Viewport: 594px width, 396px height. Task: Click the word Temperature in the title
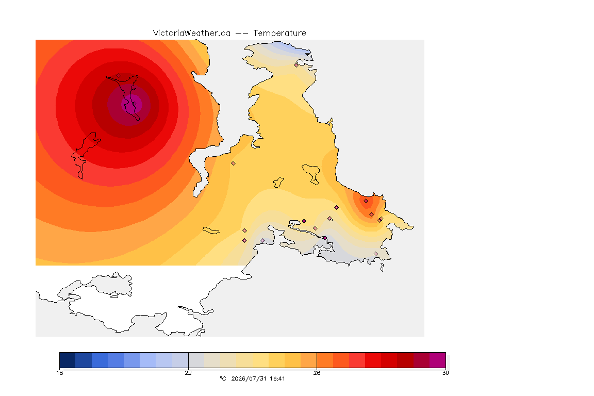[x=279, y=34]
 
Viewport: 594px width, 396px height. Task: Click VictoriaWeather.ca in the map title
[x=192, y=34]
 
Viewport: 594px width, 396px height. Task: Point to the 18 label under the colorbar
[x=59, y=373]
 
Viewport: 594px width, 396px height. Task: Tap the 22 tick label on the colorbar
[x=188, y=373]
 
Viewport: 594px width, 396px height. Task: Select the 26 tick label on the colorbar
[x=317, y=373]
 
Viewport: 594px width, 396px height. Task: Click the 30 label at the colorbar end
[x=445, y=373]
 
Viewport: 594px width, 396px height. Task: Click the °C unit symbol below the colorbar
[x=223, y=378]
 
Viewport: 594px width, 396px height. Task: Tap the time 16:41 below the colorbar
[x=278, y=378]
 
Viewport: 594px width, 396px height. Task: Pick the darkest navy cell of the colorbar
[x=68, y=360]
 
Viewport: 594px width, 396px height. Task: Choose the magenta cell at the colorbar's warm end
[x=438, y=360]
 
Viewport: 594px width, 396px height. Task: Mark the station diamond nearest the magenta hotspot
[x=119, y=76]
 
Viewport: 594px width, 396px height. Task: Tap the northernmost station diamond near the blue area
[x=296, y=65]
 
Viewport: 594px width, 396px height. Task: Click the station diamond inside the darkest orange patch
[x=366, y=201]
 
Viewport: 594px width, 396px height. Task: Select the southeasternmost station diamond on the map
[x=375, y=254]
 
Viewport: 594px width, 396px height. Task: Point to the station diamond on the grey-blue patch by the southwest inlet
[x=262, y=241]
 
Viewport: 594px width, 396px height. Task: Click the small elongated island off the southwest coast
[x=211, y=230]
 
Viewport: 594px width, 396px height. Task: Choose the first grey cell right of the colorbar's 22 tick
[x=196, y=360]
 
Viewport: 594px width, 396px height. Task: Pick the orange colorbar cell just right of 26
[x=325, y=360]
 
